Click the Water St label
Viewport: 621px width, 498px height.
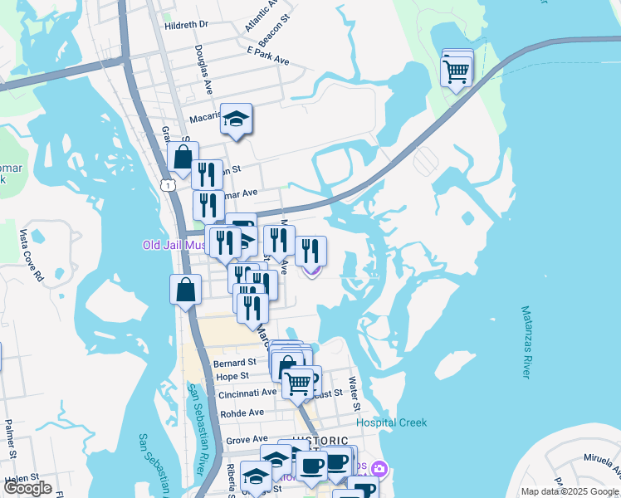354,395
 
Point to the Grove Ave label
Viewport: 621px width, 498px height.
247,439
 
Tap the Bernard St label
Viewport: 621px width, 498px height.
235,364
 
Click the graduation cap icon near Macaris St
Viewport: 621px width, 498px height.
237,120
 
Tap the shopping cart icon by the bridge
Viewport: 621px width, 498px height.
457,71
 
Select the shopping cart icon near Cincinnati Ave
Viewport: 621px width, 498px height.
298,383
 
